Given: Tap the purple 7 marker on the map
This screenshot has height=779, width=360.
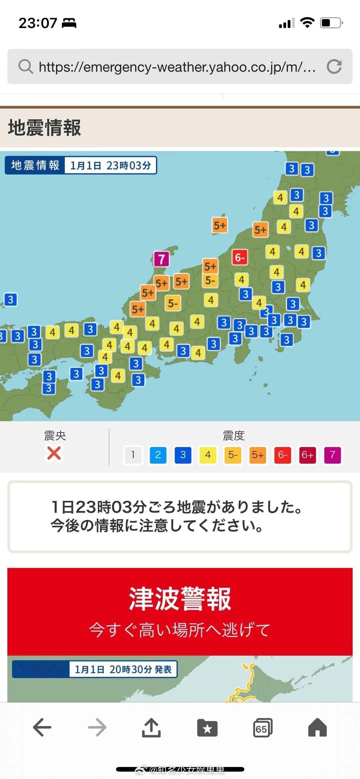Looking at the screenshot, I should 162,259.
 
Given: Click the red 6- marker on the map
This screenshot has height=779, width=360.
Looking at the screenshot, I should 240,257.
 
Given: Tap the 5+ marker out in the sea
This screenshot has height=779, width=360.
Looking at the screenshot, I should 220,226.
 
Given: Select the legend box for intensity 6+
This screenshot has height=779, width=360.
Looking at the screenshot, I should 307,455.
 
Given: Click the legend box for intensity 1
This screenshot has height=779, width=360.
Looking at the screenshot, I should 133,455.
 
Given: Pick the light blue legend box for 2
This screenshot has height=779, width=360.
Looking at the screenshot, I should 158,455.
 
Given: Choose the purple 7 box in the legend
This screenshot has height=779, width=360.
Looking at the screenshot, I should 332,455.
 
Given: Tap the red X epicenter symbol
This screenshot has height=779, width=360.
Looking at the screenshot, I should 54,453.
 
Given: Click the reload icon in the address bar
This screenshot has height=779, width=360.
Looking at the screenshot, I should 334,66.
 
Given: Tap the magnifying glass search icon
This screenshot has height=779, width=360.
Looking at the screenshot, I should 25,66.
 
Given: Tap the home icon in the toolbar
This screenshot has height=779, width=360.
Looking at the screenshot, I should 317,727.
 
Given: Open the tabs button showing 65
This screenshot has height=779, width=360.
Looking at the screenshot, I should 262,728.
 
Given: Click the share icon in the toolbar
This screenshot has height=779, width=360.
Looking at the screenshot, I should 152,727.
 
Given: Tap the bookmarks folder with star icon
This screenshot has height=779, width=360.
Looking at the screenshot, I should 207,728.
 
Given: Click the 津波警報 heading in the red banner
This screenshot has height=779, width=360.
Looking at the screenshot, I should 180,599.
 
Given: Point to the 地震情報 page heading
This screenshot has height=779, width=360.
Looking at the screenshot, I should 45,128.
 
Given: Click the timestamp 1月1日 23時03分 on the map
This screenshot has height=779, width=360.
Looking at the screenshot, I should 110,165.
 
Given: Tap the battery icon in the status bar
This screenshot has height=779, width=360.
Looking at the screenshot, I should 331,23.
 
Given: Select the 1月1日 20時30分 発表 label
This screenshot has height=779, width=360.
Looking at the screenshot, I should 123,669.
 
